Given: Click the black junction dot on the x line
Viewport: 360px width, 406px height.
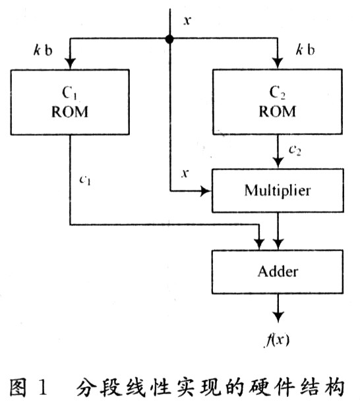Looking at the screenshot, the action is tap(169, 39).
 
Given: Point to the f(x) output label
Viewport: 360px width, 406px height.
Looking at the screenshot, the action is tap(277, 339).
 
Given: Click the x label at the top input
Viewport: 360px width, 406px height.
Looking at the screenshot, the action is tap(187, 20).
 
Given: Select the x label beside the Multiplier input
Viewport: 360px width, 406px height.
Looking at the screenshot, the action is tap(185, 173).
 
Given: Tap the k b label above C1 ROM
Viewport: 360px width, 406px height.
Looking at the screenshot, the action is tap(43, 50).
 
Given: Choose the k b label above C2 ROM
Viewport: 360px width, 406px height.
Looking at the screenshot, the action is tap(305, 49).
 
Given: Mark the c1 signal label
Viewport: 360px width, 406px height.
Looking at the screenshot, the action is tap(85, 180).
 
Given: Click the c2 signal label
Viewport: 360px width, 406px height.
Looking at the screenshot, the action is tap(295, 150).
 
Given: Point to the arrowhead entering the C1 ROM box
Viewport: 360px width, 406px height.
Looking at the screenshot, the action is tap(70, 64).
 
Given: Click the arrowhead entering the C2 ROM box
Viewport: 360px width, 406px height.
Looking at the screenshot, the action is tap(278, 63).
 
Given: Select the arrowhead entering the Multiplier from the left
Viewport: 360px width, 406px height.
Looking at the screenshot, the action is tap(206, 191).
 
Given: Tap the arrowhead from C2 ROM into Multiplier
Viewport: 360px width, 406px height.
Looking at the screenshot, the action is tap(278, 163).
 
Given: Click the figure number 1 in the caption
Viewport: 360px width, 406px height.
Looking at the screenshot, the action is tap(43, 388).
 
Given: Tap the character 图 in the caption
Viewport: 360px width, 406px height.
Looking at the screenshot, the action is tap(18, 388).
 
